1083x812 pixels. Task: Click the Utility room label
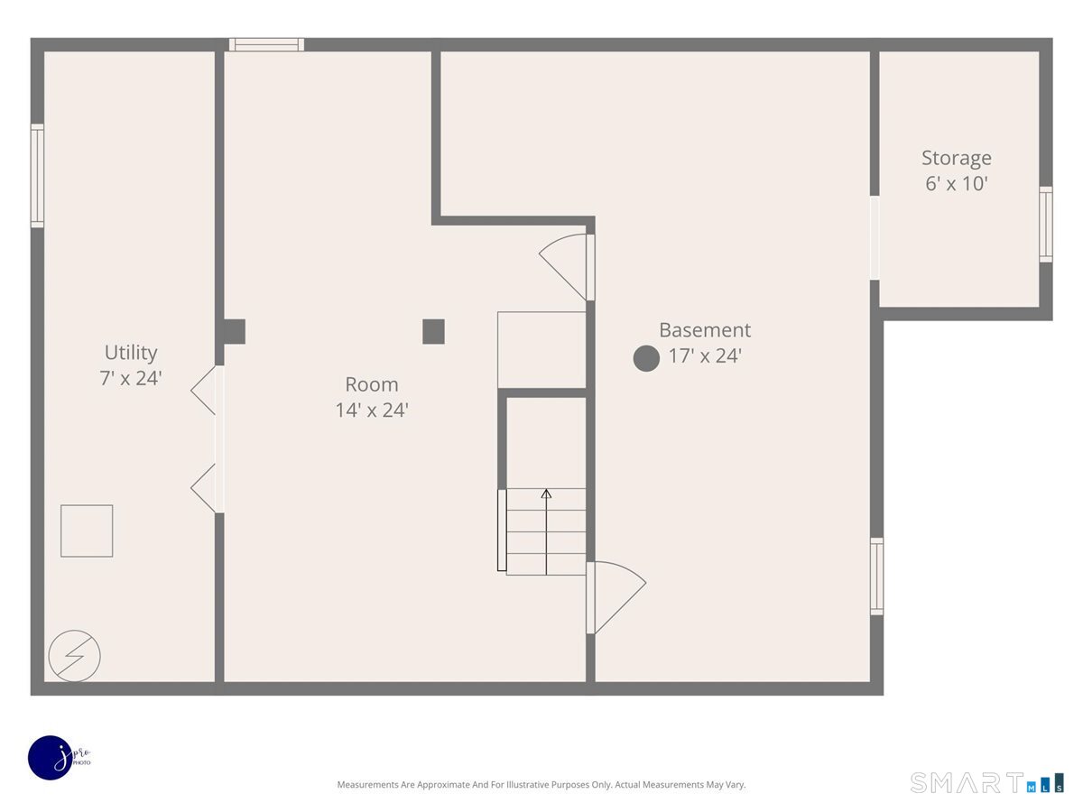131,353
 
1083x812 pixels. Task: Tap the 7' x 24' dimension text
131,378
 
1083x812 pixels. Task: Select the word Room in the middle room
372,384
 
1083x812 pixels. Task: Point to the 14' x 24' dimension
372,411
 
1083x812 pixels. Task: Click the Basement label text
705,330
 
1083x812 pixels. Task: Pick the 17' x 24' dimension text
705,355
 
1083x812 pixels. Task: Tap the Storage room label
956,158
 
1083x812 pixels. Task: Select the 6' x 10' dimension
956,183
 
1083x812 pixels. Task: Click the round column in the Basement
646,358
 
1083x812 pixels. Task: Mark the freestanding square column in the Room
433,331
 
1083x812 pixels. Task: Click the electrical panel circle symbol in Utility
75,656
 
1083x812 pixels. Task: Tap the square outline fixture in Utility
87,531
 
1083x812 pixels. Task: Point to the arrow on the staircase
546,531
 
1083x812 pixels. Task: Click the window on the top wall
266,44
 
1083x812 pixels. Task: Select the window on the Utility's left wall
38,176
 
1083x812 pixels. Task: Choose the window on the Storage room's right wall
1045,225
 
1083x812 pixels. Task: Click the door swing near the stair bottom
616,597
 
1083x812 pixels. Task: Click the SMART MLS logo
986,783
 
